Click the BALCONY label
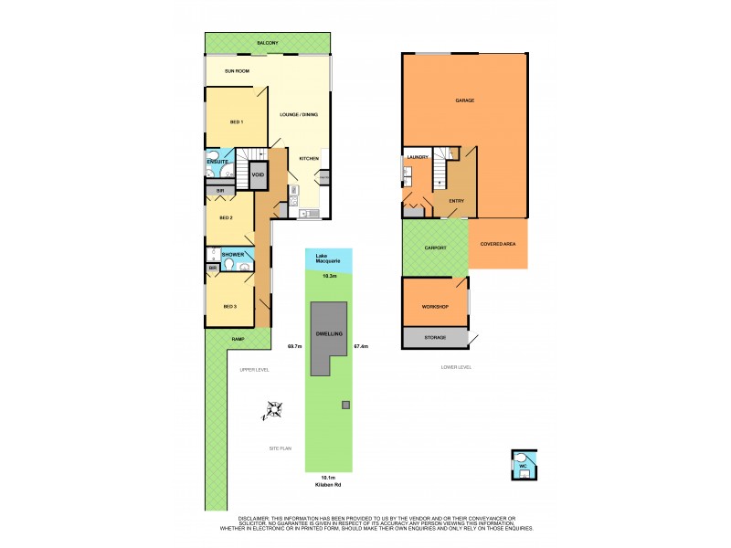[x=267, y=43]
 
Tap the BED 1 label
[x=236, y=121]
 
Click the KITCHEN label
[x=309, y=159]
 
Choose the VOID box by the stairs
[x=258, y=174]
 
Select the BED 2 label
[x=225, y=217]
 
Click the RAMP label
[x=237, y=339]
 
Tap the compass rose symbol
[x=270, y=411]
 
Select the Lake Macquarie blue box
[x=328, y=258]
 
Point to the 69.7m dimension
[x=294, y=346]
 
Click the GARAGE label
[x=464, y=100]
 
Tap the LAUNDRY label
[x=418, y=157]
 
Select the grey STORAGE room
[x=434, y=337]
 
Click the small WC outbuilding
[x=524, y=466]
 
